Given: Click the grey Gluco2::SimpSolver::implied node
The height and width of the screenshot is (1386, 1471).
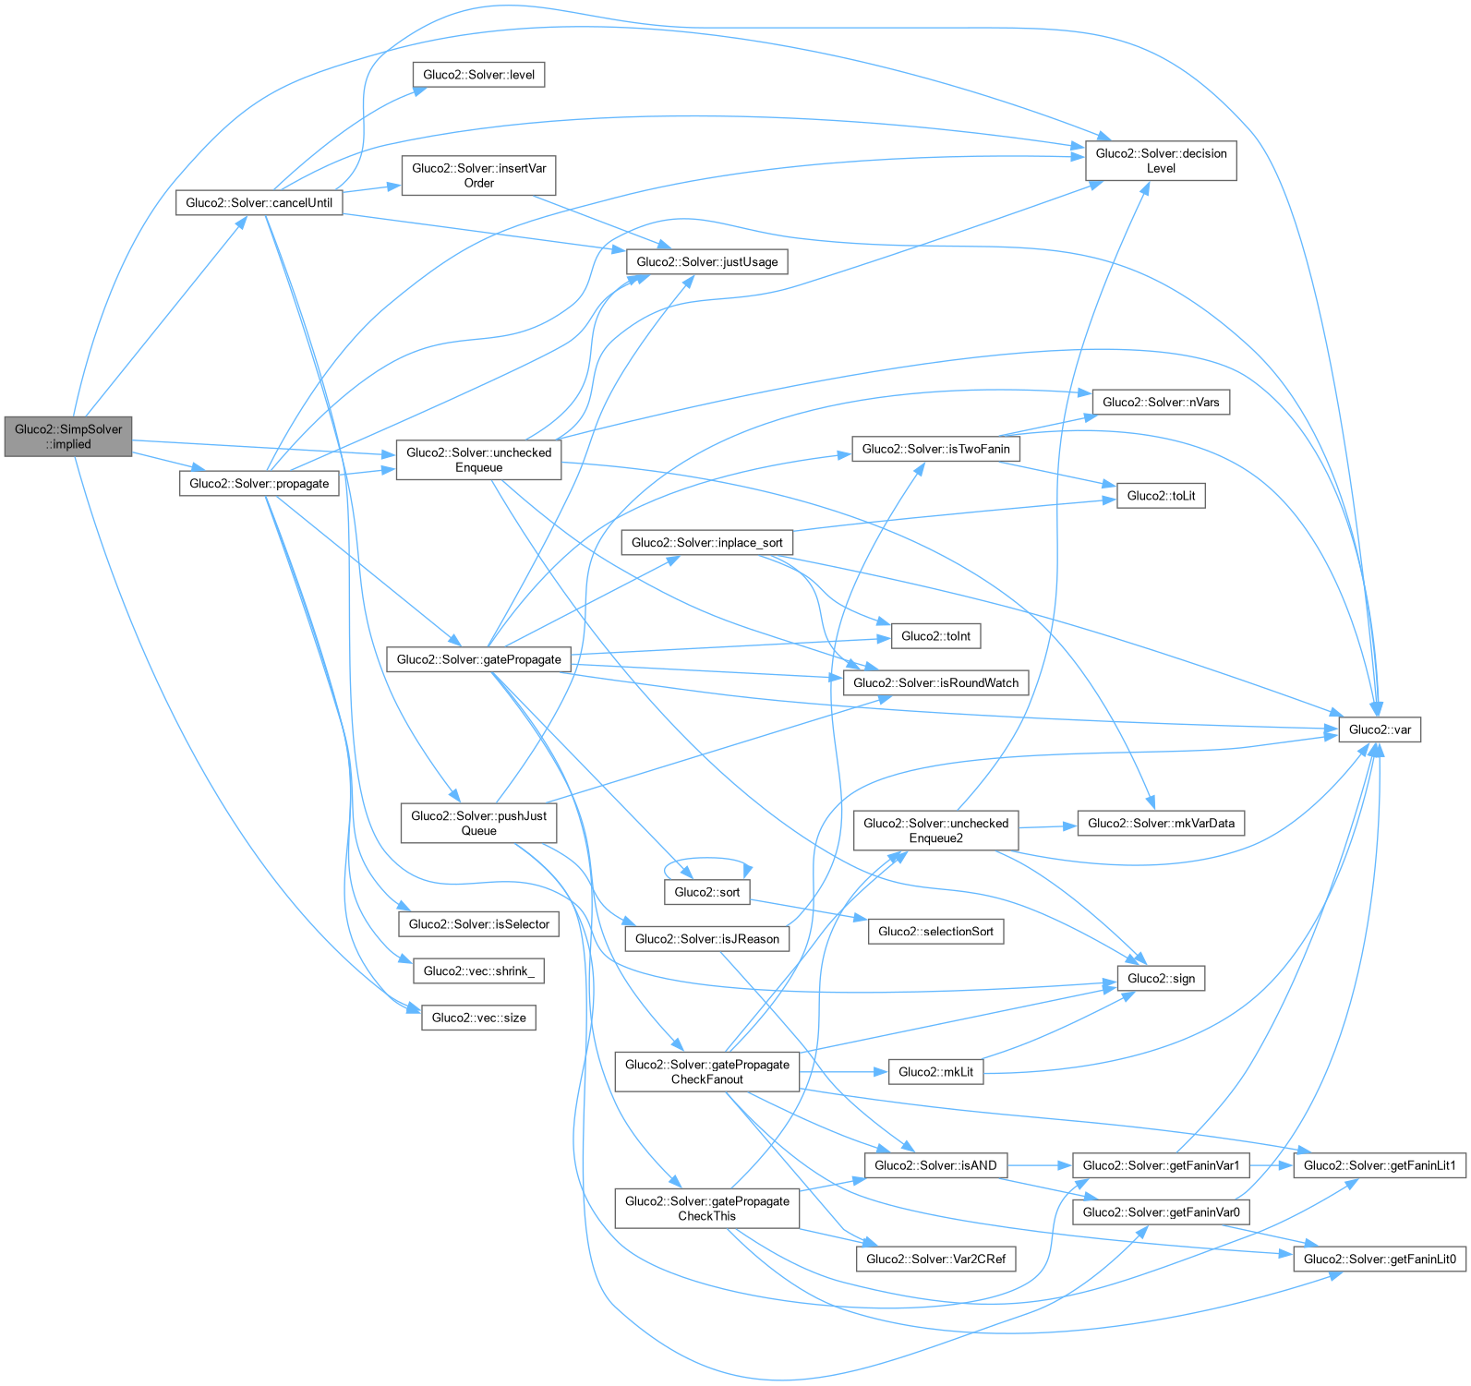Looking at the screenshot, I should tap(68, 436).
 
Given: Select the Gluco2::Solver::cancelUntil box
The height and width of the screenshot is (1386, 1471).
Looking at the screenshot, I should tap(259, 203).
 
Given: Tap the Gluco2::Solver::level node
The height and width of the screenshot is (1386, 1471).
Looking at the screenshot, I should tap(478, 75).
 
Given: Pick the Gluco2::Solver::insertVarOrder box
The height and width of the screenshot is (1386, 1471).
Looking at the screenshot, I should tap(478, 175).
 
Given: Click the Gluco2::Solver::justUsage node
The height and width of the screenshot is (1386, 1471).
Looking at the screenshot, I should tap(706, 262).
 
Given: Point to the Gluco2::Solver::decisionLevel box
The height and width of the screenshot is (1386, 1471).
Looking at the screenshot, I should tap(1161, 161).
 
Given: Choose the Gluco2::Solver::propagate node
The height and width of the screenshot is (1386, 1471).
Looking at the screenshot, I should tap(259, 484).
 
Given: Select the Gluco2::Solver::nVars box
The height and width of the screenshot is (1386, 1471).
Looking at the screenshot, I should tap(1161, 403).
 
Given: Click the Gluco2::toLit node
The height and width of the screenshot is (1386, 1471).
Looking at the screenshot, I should tap(1161, 496).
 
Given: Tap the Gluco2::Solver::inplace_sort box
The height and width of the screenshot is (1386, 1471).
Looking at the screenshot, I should tap(706, 543).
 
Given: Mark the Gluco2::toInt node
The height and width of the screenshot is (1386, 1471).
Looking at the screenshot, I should tap(935, 636).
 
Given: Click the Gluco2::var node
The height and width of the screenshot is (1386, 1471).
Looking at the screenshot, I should tap(1380, 729).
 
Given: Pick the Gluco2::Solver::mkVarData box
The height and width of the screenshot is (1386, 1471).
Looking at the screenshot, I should tap(1161, 824).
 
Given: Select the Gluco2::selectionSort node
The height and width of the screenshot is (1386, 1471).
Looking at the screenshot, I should tap(935, 932).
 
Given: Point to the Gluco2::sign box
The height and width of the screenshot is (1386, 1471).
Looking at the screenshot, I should tap(1161, 979).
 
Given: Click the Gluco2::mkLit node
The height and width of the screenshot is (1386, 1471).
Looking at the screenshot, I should tap(935, 1072).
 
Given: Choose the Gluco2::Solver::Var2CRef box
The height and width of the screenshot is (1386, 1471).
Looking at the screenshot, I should tap(935, 1259).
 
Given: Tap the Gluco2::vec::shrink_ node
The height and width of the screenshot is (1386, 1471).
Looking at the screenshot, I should tap(478, 971).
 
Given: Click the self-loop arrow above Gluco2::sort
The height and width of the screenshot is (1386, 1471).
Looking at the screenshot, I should tap(706, 860).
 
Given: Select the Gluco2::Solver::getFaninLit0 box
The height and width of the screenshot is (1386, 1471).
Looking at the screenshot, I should tap(1380, 1259).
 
